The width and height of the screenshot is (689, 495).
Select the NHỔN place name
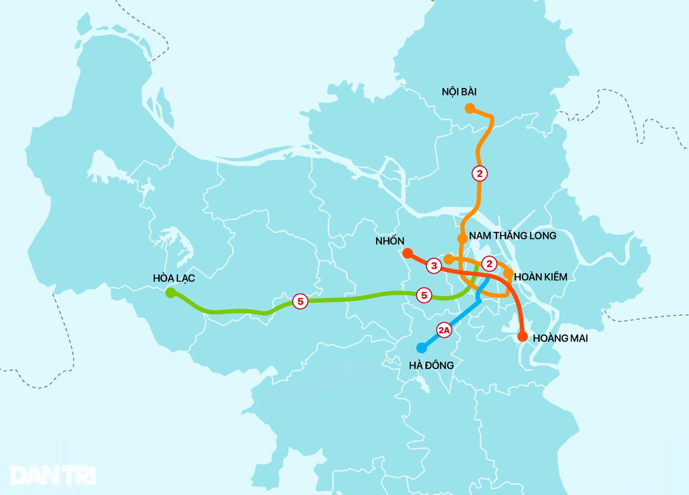point(389,241)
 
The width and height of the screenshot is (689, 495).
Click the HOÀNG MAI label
point(560,338)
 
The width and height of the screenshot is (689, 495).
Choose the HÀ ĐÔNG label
point(431,365)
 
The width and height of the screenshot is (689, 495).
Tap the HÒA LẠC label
point(174,278)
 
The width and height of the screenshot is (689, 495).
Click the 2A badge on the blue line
point(444,329)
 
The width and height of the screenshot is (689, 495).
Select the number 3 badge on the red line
point(434,266)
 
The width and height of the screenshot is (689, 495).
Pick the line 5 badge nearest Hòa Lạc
point(300,302)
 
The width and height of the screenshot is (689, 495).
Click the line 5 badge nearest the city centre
point(424,295)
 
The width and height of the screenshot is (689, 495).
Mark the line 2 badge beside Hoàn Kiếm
point(491,264)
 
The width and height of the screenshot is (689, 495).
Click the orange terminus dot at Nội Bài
point(470,108)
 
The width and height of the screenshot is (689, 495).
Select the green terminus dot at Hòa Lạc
point(170,292)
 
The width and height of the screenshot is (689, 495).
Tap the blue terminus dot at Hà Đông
point(422,347)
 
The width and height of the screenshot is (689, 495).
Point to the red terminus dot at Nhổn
point(407,252)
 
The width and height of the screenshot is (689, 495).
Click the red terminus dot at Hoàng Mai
point(522,337)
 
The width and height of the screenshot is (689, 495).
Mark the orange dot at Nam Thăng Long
point(462,238)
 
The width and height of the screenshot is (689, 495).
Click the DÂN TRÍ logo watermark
point(53,475)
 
